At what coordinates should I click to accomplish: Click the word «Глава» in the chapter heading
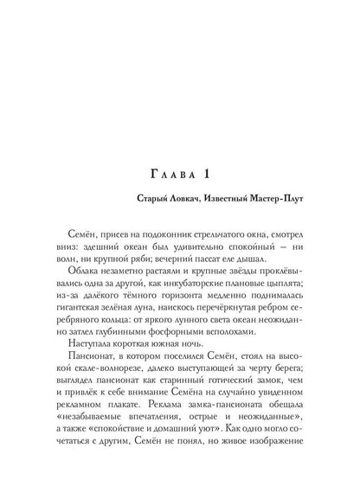[x=154, y=176]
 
